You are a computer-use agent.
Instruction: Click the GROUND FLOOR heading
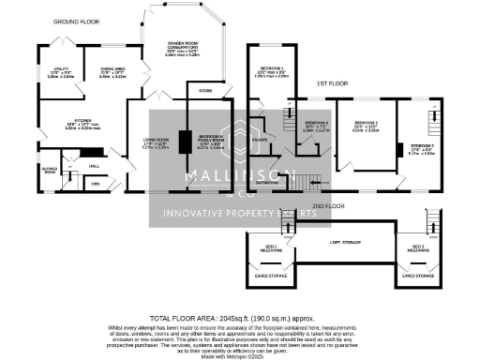coord(76,21)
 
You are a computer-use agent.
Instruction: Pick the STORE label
coord(206,91)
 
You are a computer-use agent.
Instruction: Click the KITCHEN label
coord(62,120)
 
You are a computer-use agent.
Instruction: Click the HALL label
coord(94,165)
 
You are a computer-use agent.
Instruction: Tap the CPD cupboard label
coord(95,183)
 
